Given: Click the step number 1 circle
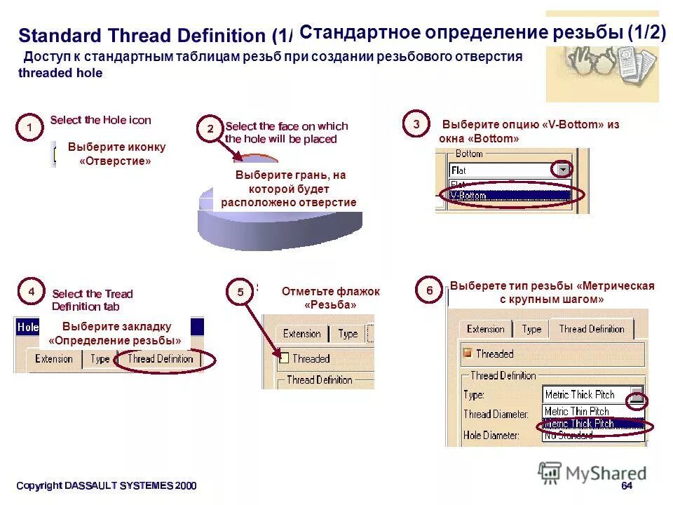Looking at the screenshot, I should tap(29, 128).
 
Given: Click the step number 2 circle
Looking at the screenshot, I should tap(210, 129).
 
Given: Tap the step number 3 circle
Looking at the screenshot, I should tap(416, 124).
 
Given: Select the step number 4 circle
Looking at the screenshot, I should tap(30, 290).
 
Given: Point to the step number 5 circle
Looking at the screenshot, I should tap(241, 292).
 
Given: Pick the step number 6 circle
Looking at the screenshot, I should tap(430, 290).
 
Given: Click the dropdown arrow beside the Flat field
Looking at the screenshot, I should tap(562, 170).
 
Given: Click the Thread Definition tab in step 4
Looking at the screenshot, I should tap(160, 358).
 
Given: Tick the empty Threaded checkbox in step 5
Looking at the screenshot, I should tap(283, 358).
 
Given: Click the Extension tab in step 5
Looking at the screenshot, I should tap(302, 334).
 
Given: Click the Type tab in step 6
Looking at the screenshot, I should tap(531, 329).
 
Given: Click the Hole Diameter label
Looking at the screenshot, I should tap(491, 436).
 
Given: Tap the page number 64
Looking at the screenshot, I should tap(627, 486).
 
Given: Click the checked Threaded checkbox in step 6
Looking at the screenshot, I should tap(467, 353).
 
